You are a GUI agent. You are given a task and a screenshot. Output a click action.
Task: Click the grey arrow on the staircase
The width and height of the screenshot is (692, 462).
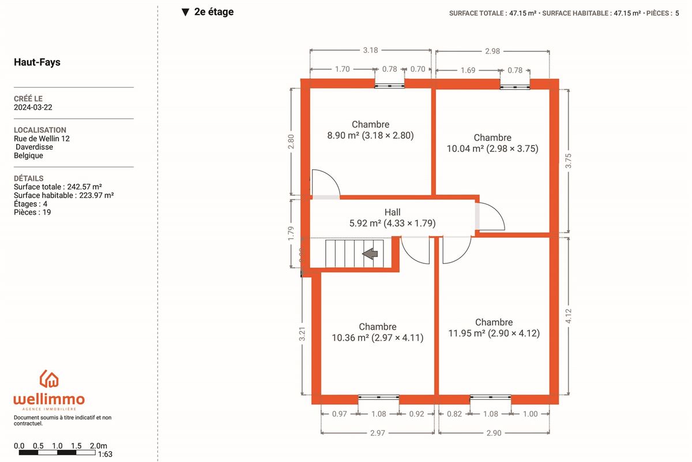pos(370,254)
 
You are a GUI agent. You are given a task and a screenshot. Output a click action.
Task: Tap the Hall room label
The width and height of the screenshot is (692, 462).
pos(392,213)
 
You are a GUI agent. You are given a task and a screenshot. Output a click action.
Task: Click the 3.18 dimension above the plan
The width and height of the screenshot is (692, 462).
pos(370,50)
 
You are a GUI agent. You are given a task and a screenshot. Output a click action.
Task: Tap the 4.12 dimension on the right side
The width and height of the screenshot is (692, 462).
pos(569,316)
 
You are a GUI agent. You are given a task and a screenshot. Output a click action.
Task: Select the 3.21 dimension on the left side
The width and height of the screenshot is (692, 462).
pos(302,334)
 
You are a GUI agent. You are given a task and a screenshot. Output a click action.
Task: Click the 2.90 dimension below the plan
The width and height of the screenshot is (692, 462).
pos(494,433)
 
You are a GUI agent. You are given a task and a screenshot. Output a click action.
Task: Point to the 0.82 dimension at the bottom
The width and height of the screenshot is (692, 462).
pos(454,413)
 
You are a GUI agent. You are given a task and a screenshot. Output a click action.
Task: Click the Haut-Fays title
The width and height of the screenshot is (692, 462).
pos(37,62)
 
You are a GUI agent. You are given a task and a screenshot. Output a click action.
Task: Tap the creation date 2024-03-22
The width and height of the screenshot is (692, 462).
pos(33,107)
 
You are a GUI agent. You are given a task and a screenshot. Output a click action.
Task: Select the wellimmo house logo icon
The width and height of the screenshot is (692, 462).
pos(49,379)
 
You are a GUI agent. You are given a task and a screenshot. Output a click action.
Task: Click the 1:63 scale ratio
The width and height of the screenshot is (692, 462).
pos(105,454)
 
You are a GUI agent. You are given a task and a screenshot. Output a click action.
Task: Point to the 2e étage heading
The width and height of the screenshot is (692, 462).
pos(214,12)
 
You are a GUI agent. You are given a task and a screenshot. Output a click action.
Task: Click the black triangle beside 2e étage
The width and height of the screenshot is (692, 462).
pos(185,12)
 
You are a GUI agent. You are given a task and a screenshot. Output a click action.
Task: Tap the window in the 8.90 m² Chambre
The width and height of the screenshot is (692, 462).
pos(389,85)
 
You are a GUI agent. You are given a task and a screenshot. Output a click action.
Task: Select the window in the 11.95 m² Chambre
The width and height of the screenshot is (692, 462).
pos(490,397)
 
